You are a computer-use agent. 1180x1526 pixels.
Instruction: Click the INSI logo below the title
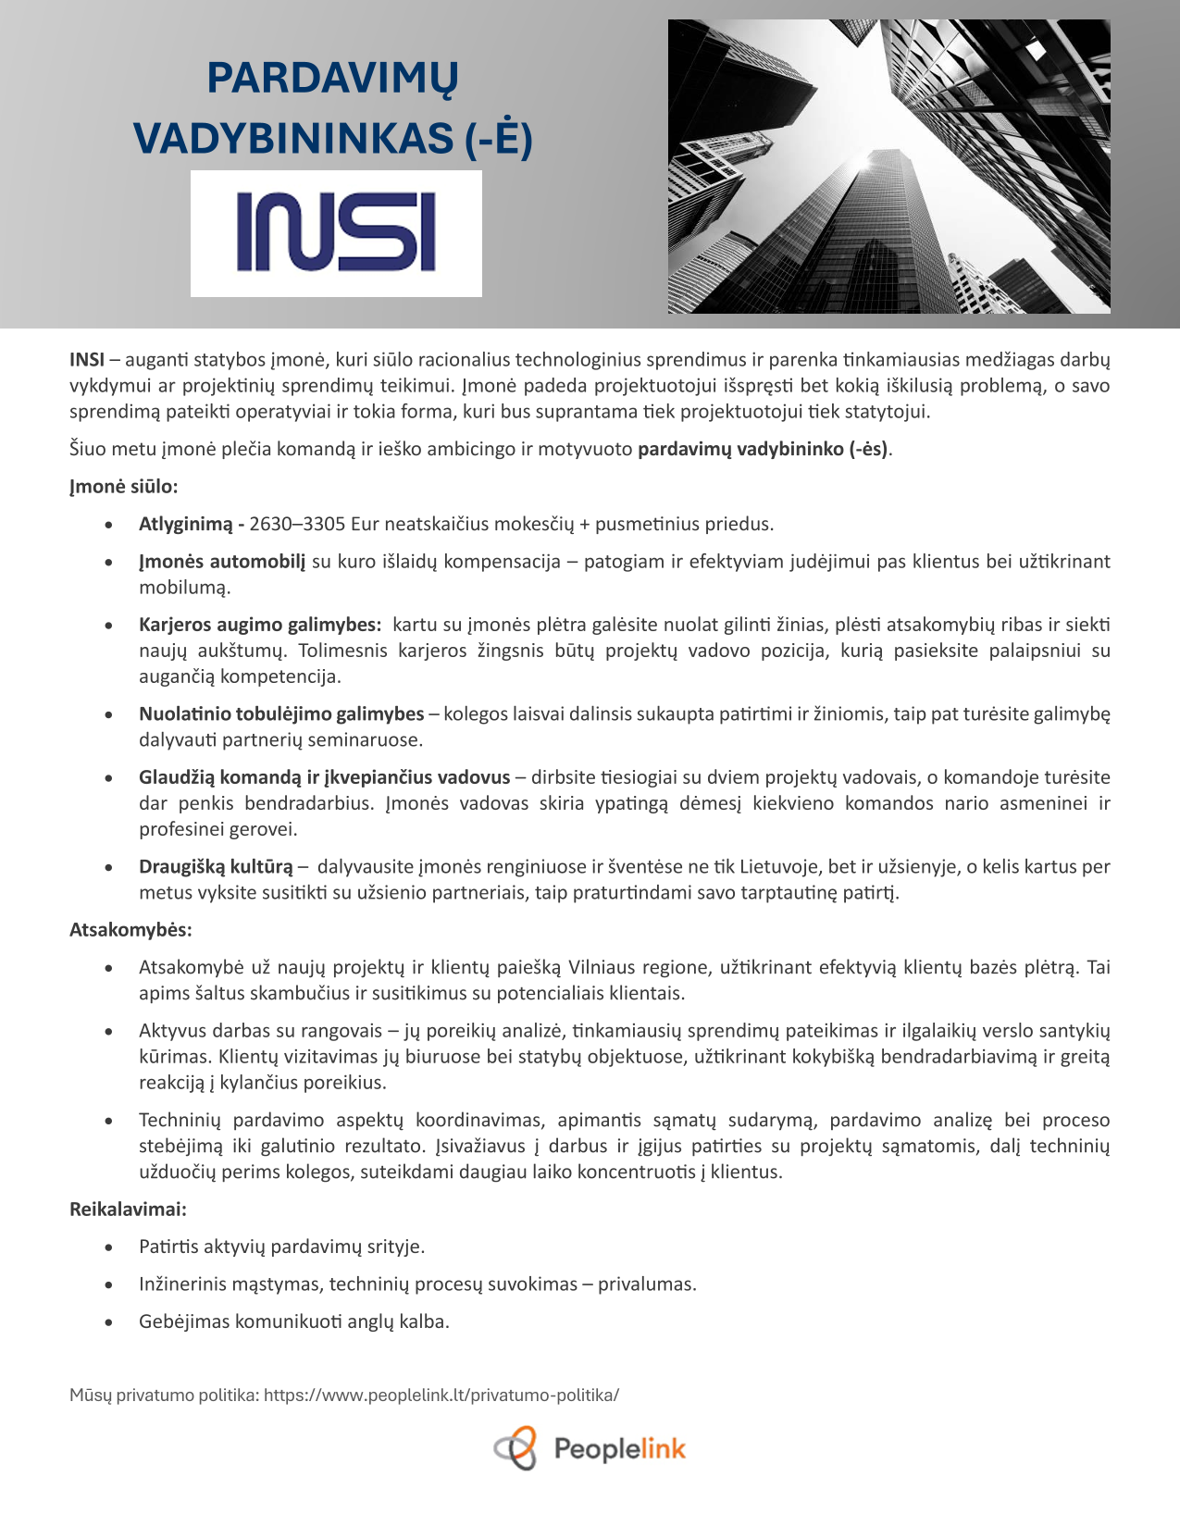(x=336, y=232)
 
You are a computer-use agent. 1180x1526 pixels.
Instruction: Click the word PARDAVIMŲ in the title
(x=332, y=78)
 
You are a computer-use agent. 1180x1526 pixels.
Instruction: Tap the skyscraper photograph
(x=888, y=167)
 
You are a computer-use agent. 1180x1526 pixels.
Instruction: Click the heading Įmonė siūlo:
(x=123, y=487)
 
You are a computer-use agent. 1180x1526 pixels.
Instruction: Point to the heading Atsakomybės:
(x=130, y=930)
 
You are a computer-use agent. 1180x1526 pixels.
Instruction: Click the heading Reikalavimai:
(x=128, y=1210)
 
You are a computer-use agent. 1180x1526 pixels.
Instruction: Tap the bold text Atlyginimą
(x=186, y=525)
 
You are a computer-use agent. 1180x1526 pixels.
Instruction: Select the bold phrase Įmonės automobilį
(x=222, y=562)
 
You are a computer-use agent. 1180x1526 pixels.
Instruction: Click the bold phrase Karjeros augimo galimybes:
(x=260, y=626)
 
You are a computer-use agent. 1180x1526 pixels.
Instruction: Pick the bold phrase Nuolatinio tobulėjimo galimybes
(x=281, y=714)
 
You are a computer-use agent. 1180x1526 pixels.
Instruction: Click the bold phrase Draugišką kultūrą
(x=216, y=867)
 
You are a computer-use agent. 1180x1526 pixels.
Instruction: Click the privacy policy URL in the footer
(x=441, y=1395)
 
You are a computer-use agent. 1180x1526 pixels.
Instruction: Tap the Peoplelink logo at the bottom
(x=590, y=1448)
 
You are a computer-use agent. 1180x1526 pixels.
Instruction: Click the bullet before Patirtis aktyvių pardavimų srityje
(x=109, y=1248)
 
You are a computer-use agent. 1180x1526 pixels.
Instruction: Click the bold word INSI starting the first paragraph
(x=87, y=360)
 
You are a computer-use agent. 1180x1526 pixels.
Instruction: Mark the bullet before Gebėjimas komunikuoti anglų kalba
(x=109, y=1322)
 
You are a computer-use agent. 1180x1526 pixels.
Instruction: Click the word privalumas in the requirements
(x=646, y=1284)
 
